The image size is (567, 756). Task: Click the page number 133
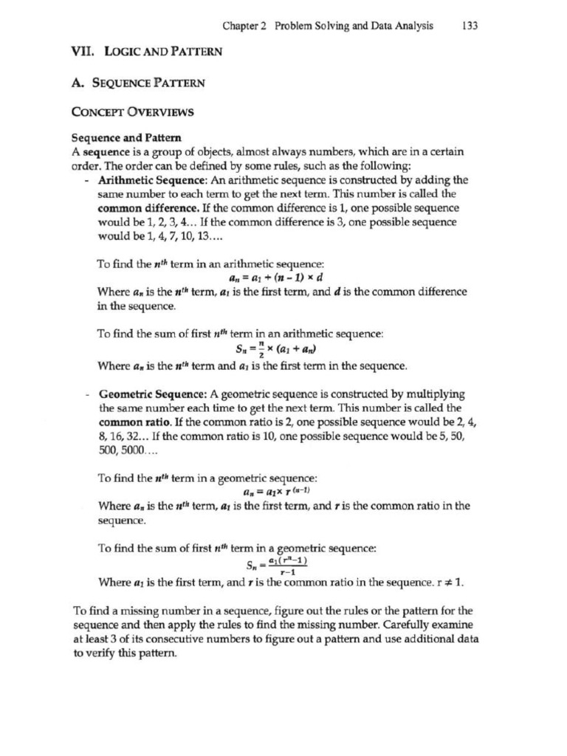pyautogui.click(x=470, y=26)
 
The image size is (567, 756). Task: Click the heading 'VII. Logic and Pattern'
pyautogui.click(x=146, y=52)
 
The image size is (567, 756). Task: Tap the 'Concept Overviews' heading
pyautogui.click(x=132, y=112)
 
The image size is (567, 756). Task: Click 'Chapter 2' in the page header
pyautogui.click(x=245, y=26)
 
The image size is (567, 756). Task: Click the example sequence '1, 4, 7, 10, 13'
pyautogui.click(x=171, y=237)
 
